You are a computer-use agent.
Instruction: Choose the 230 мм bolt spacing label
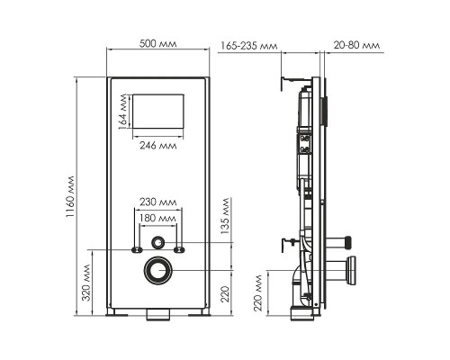coord(157,202)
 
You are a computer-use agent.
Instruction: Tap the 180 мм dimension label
coord(157,218)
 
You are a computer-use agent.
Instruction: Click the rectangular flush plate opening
coord(158,112)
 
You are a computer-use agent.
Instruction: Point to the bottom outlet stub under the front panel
coord(159,315)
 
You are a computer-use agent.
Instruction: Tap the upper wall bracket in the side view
coord(290,84)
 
